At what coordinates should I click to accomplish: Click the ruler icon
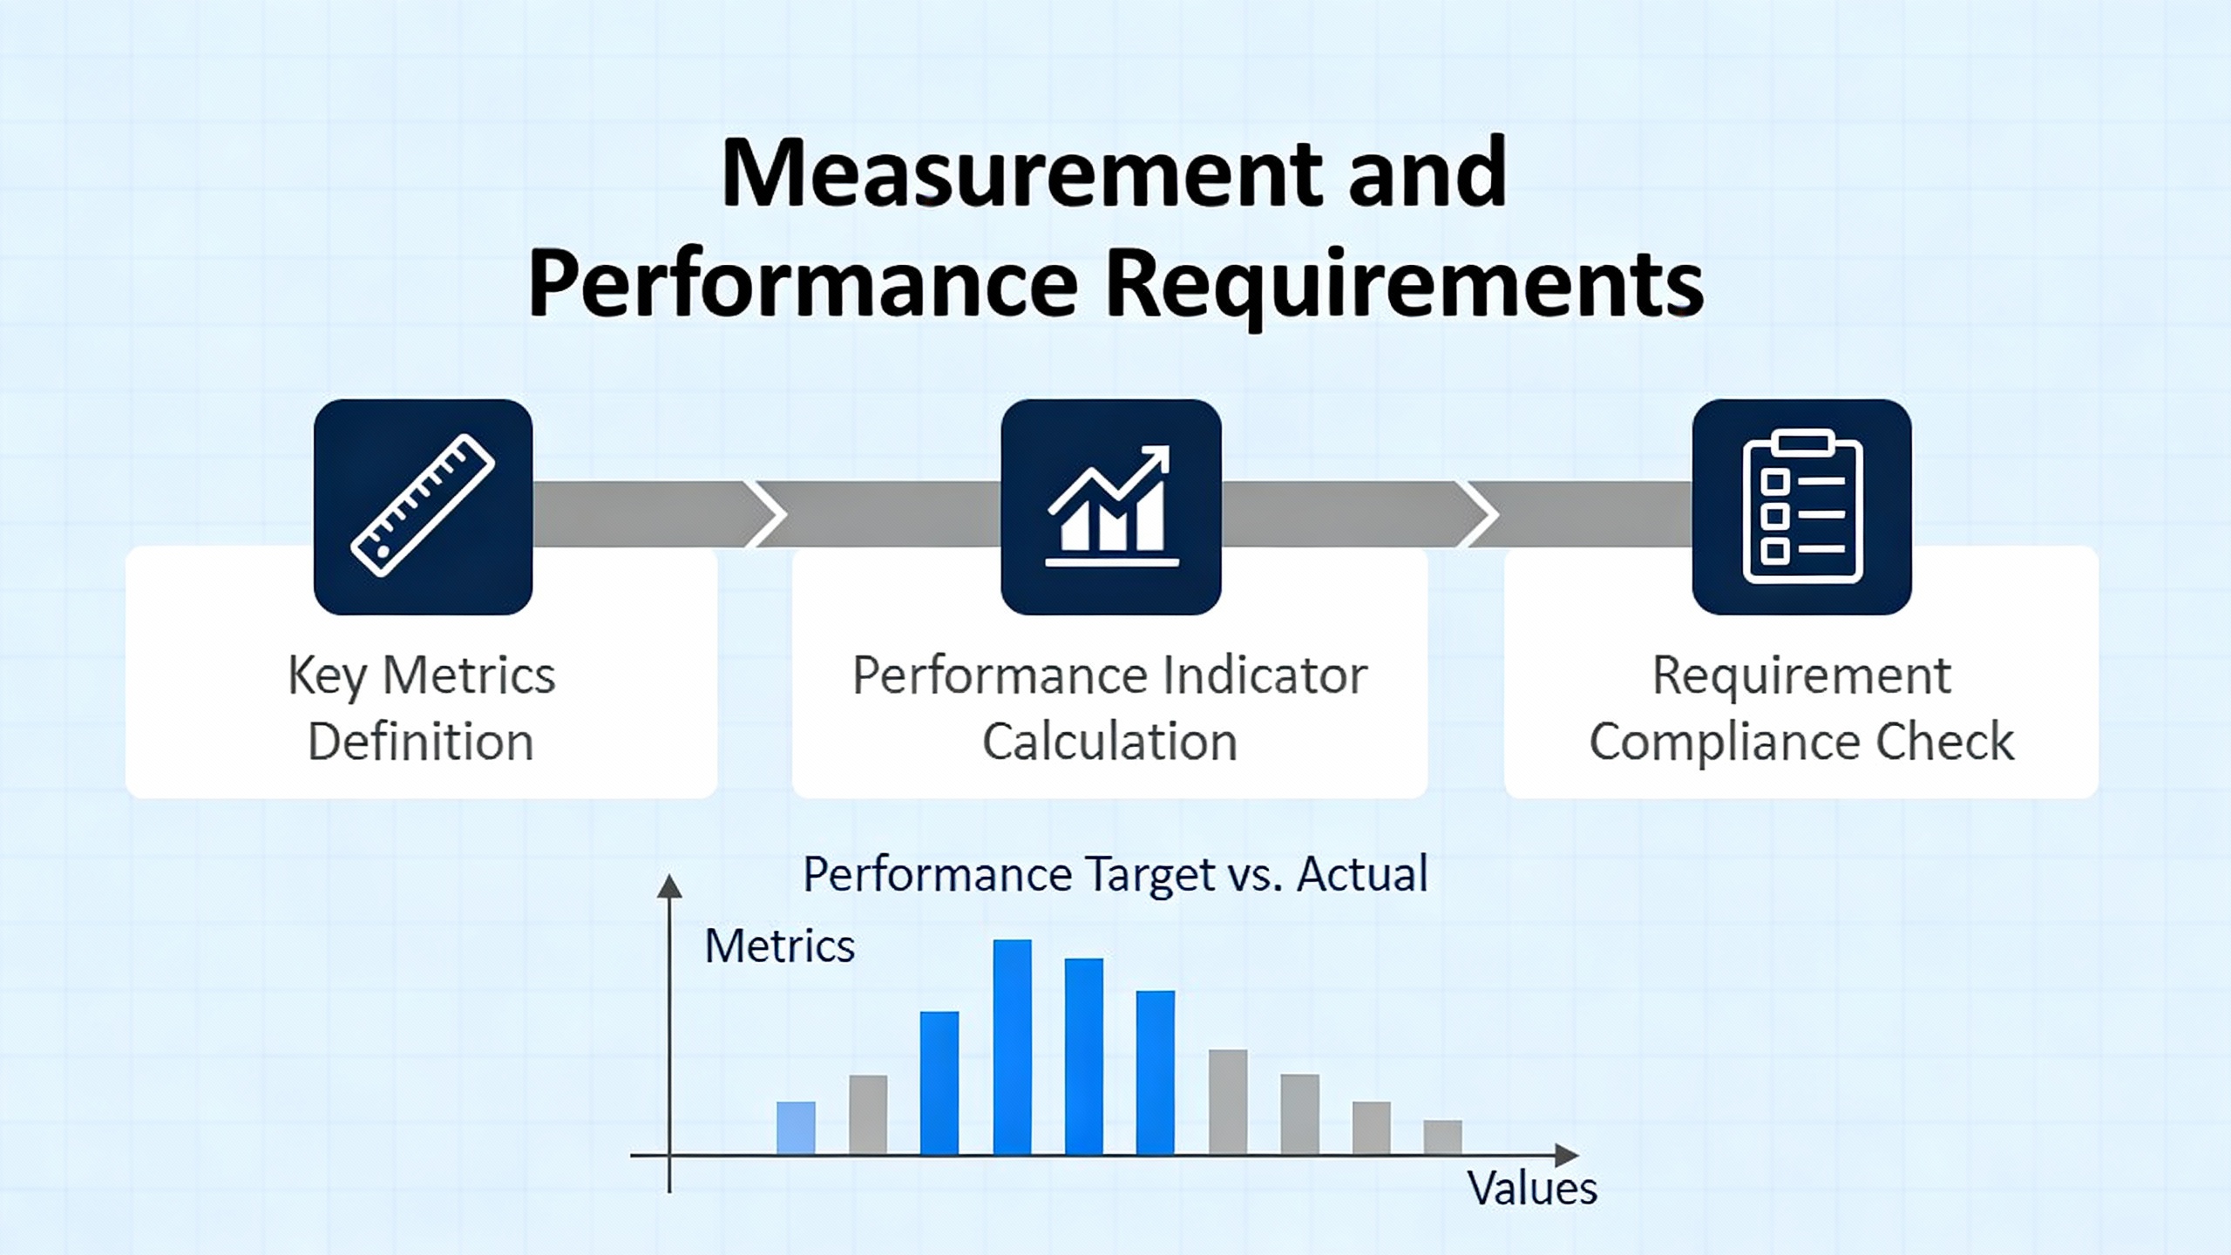pyautogui.click(x=423, y=505)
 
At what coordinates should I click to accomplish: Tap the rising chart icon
pyautogui.click(x=1111, y=506)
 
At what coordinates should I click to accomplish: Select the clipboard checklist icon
pyautogui.click(x=1802, y=506)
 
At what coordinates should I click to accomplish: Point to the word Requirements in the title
pyautogui.click(x=1404, y=286)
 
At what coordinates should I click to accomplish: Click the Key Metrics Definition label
pyautogui.click(x=422, y=708)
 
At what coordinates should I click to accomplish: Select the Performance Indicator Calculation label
pyautogui.click(x=1109, y=708)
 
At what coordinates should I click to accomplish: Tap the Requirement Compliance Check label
pyautogui.click(x=1801, y=708)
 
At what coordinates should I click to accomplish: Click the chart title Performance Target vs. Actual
pyautogui.click(x=1115, y=874)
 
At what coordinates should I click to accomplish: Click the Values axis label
pyautogui.click(x=1532, y=1188)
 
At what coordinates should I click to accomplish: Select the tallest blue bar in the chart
pyautogui.click(x=1013, y=1047)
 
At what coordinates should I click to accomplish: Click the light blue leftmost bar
pyautogui.click(x=797, y=1128)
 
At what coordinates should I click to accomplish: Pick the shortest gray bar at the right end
pyautogui.click(x=1443, y=1137)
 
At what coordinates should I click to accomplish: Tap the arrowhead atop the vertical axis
pyautogui.click(x=669, y=886)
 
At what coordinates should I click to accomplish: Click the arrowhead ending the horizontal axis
pyautogui.click(x=1567, y=1156)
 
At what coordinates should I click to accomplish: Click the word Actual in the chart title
pyautogui.click(x=1363, y=874)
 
